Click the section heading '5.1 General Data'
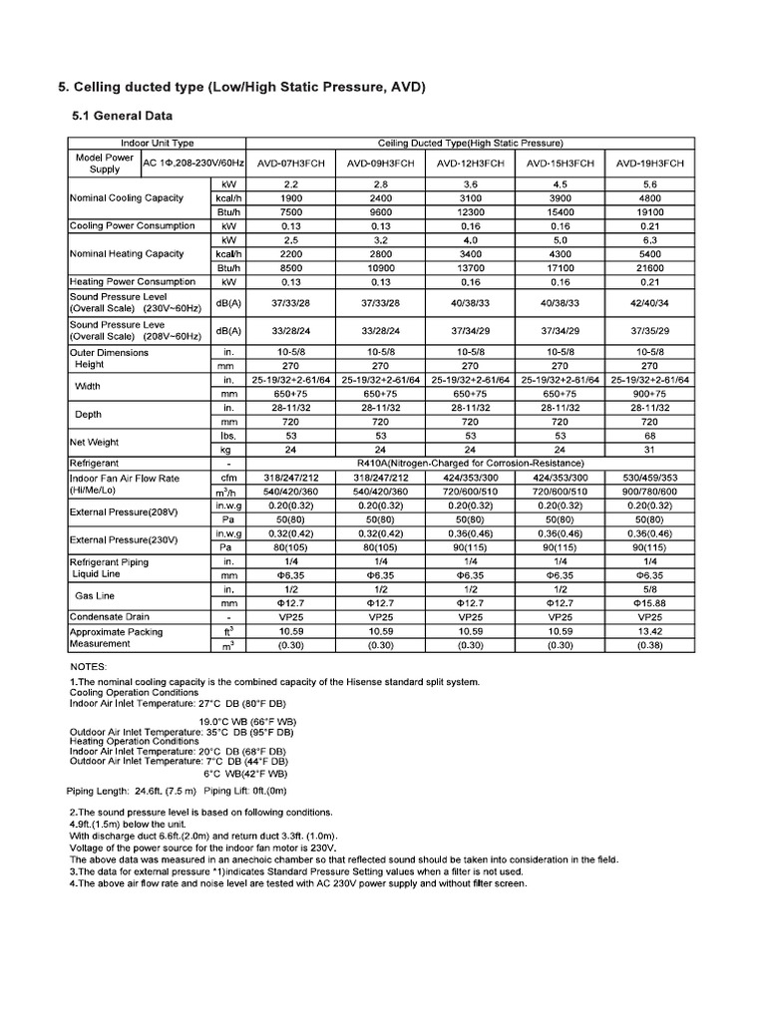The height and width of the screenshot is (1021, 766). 123,116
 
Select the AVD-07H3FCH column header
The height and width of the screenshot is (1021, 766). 289,163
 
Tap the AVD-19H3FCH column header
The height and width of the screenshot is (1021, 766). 650,163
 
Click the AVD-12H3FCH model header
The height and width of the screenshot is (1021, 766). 470,163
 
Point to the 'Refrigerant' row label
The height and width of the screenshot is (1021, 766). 95,464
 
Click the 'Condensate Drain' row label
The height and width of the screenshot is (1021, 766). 111,617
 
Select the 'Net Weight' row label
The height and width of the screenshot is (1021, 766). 94,442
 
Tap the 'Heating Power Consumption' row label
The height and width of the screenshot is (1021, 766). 132,281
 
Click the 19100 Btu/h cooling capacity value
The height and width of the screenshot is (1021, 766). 650,211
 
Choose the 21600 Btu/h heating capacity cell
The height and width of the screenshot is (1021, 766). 650,267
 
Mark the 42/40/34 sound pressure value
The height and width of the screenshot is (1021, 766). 650,302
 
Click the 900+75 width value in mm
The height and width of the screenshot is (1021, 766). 650,394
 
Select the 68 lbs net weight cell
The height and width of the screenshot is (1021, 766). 650,436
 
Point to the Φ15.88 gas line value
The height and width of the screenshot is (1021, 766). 650,603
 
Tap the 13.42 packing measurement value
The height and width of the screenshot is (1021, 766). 650,631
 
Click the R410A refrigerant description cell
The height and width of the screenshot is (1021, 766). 470,464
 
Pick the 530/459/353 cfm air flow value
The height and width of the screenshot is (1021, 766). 650,479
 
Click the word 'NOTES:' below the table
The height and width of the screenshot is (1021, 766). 89,665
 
